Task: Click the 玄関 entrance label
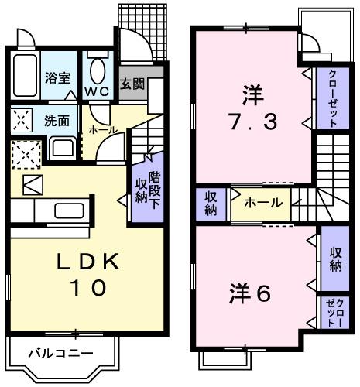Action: tap(132, 84)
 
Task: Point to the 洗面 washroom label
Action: tap(57, 121)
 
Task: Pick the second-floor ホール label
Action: tap(262, 204)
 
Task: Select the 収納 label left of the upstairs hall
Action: tap(211, 204)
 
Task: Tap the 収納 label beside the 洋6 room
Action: tap(335, 260)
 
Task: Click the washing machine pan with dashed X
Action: tap(25, 155)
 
